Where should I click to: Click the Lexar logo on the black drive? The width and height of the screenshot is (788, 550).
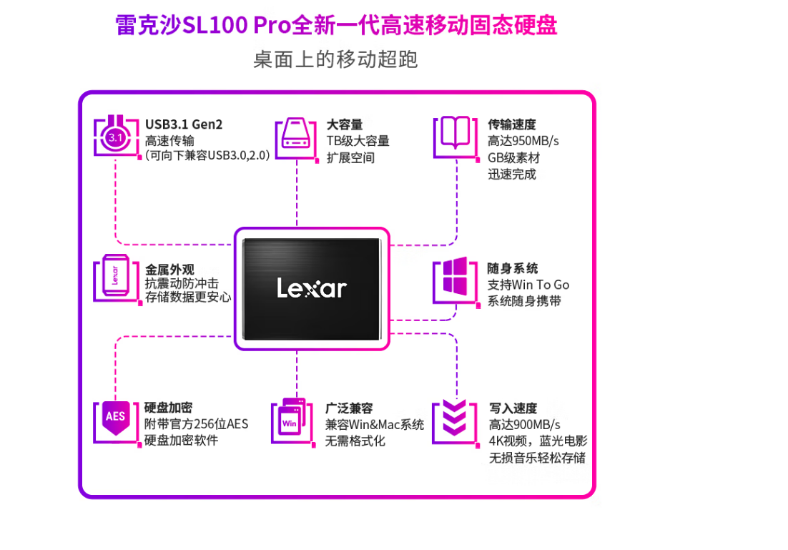pyautogui.click(x=312, y=288)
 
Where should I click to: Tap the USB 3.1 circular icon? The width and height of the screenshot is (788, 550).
pyautogui.click(x=116, y=136)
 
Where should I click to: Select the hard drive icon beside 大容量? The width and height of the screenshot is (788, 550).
pyautogui.click(x=295, y=134)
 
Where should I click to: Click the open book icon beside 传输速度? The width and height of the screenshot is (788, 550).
pyautogui.click(x=455, y=132)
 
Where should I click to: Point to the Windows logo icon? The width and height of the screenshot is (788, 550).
pyautogui.click(x=455, y=276)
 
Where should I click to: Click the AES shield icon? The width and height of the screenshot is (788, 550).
pyautogui.click(x=116, y=418)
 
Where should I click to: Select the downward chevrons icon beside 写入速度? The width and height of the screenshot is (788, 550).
pyautogui.click(x=454, y=417)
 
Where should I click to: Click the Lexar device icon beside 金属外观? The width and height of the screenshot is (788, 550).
pyautogui.click(x=116, y=276)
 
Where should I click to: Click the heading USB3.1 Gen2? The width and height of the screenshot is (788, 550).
pyautogui.click(x=184, y=124)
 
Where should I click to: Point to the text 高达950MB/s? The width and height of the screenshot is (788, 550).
pyautogui.click(x=523, y=141)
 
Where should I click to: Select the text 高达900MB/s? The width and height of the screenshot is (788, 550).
pyautogui.click(x=524, y=424)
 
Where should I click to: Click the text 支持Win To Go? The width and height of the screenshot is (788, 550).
pyautogui.click(x=528, y=285)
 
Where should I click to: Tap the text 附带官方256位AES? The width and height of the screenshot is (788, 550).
pyautogui.click(x=196, y=424)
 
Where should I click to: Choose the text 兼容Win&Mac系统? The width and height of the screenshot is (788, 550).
pyautogui.click(x=375, y=424)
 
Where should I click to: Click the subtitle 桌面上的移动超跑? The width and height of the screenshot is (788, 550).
pyautogui.click(x=335, y=59)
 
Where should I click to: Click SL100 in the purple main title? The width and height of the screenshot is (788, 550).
pyautogui.click(x=215, y=25)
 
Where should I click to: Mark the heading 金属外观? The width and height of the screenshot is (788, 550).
pyautogui.click(x=169, y=269)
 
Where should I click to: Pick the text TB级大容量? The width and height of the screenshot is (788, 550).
pyautogui.click(x=358, y=141)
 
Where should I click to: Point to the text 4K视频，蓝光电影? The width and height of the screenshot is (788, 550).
pyautogui.click(x=538, y=441)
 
